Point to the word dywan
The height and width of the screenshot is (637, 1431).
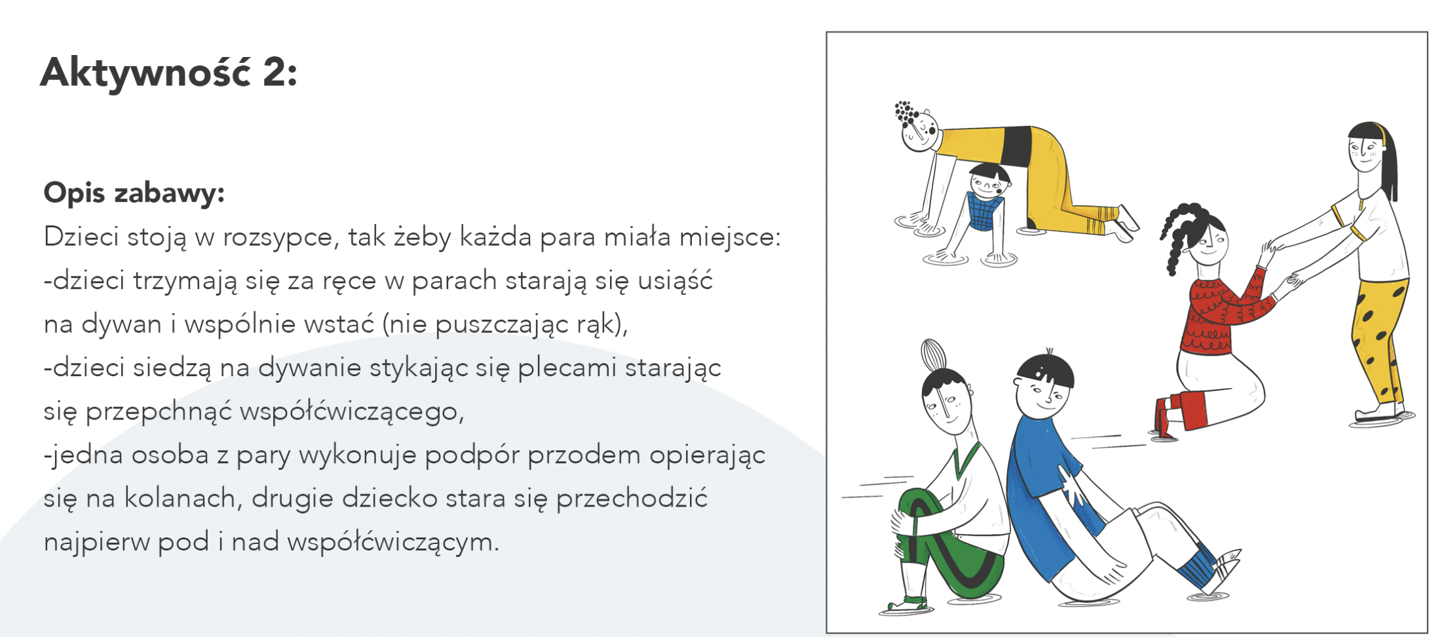point(121,324)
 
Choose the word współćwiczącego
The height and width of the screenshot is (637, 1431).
point(352,412)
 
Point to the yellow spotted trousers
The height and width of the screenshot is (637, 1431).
point(1379,341)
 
